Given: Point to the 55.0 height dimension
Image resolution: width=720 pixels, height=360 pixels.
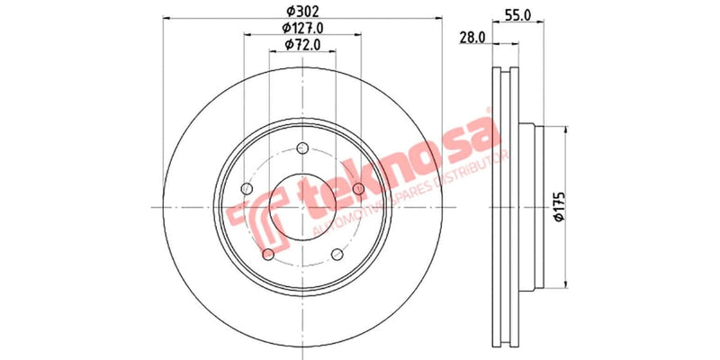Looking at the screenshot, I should (x=515, y=15).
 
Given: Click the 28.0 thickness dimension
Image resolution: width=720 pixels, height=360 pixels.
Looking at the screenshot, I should (x=472, y=37).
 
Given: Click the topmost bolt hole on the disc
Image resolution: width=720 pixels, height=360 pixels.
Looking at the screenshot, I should (x=302, y=149).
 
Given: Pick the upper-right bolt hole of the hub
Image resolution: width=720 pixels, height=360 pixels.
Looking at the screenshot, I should (x=358, y=187).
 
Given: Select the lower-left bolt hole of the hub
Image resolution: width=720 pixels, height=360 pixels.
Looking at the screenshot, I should (x=269, y=255).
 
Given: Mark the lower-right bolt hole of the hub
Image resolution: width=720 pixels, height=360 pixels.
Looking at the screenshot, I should (x=337, y=255).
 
